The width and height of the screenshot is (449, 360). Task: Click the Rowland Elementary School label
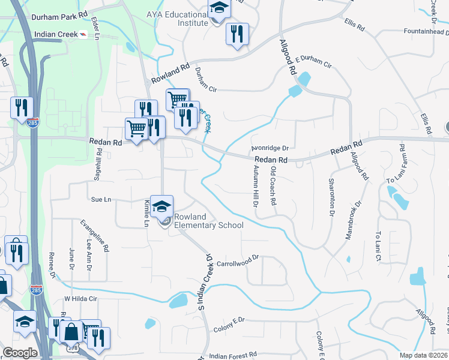[x=208, y=221]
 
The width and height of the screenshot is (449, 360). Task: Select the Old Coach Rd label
[x=273, y=186]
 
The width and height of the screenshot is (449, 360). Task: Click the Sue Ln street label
[x=101, y=198]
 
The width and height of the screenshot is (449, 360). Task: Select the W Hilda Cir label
[x=80, y=298]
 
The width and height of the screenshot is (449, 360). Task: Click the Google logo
[x=20, y=353]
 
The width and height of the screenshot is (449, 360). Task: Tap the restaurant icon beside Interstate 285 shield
[x=22, y=108]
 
